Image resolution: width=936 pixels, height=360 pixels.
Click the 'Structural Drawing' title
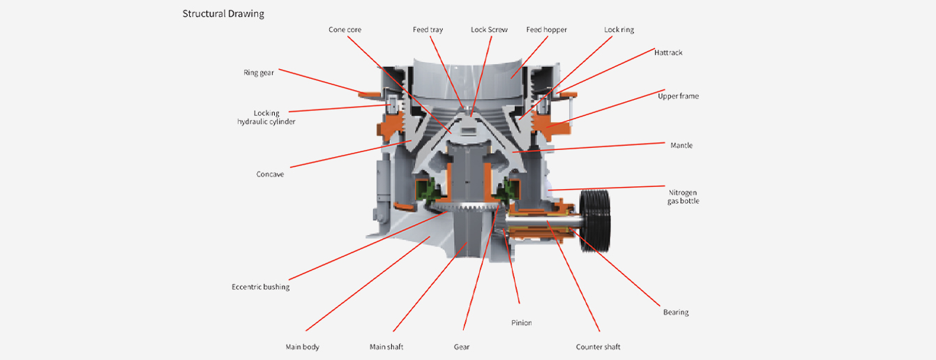223,14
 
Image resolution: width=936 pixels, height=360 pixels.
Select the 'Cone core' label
345,30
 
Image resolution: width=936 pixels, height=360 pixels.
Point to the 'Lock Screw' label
489,30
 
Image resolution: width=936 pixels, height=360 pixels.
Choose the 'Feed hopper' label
546,30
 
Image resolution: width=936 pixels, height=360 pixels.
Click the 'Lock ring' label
619,30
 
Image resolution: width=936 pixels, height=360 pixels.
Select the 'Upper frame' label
678,96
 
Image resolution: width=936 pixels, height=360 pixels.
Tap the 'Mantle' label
681,146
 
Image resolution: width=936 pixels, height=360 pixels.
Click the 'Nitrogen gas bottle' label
684,197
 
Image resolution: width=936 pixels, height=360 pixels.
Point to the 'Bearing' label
675,312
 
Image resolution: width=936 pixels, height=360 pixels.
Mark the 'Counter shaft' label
598,347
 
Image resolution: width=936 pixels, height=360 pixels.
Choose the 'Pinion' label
521,323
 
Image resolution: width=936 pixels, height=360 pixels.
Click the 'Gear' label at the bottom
461,347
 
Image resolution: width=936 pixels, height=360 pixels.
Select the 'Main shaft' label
386,347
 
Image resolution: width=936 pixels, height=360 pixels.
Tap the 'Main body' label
302,347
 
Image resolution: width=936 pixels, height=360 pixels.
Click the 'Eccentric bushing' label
260,287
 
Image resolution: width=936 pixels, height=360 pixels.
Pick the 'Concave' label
270,174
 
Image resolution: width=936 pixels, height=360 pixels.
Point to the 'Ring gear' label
258,73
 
